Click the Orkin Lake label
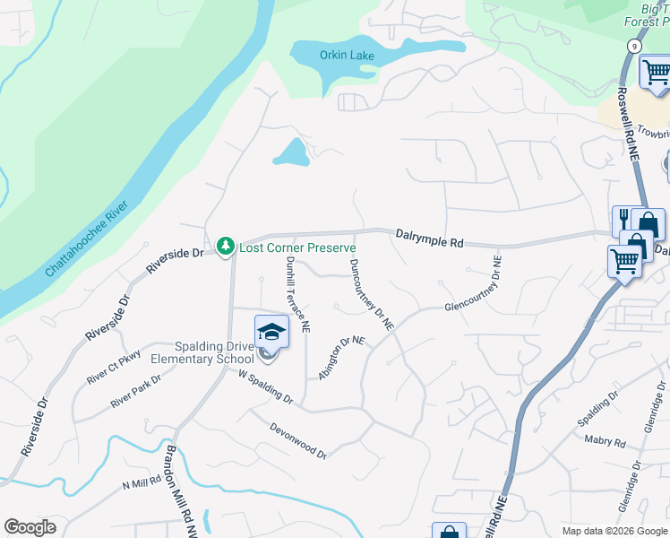(347, 56)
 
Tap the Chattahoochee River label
(88, 239)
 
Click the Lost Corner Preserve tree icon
(226, 246)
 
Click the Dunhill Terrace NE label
(298, 289)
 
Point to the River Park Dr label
(135, 392)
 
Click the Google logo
(30, 527)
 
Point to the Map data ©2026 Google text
(614, 531)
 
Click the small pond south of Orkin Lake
(290, 153)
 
